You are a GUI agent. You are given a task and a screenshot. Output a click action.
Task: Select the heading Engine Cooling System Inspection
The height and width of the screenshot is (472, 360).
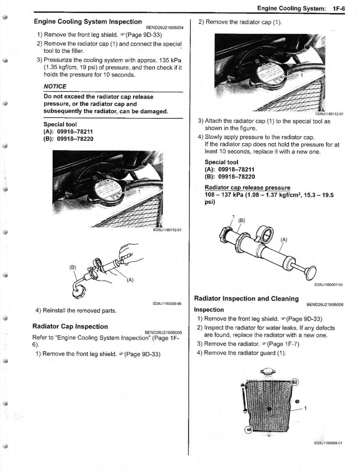[x=88, y=22]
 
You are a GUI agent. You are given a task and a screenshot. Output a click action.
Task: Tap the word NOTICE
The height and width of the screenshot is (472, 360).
[x=55, y=86]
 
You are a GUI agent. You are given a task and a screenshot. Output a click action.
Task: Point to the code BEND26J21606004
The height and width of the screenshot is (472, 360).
[x=164, y=28]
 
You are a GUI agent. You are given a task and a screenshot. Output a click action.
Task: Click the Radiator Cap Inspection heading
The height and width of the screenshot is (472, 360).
[x=70, y=326]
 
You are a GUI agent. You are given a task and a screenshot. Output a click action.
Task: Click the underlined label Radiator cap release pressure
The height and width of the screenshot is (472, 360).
[x=247, y=188]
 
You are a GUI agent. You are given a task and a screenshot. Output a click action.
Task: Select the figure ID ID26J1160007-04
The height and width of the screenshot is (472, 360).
[x=328, y=285]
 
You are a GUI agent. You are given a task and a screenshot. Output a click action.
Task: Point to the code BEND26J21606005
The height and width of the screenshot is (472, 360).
[x=164, y=332]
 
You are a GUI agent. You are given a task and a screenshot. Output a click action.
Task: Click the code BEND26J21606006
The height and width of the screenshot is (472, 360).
[x=325, y=304]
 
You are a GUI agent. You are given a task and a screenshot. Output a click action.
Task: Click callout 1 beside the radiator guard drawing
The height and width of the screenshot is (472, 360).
[x=306, y=408]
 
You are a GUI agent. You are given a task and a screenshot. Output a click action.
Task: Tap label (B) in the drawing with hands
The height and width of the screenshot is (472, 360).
[x=72, y=267]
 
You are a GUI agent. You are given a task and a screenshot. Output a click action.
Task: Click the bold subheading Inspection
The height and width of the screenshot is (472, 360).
[x=209, y=310]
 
